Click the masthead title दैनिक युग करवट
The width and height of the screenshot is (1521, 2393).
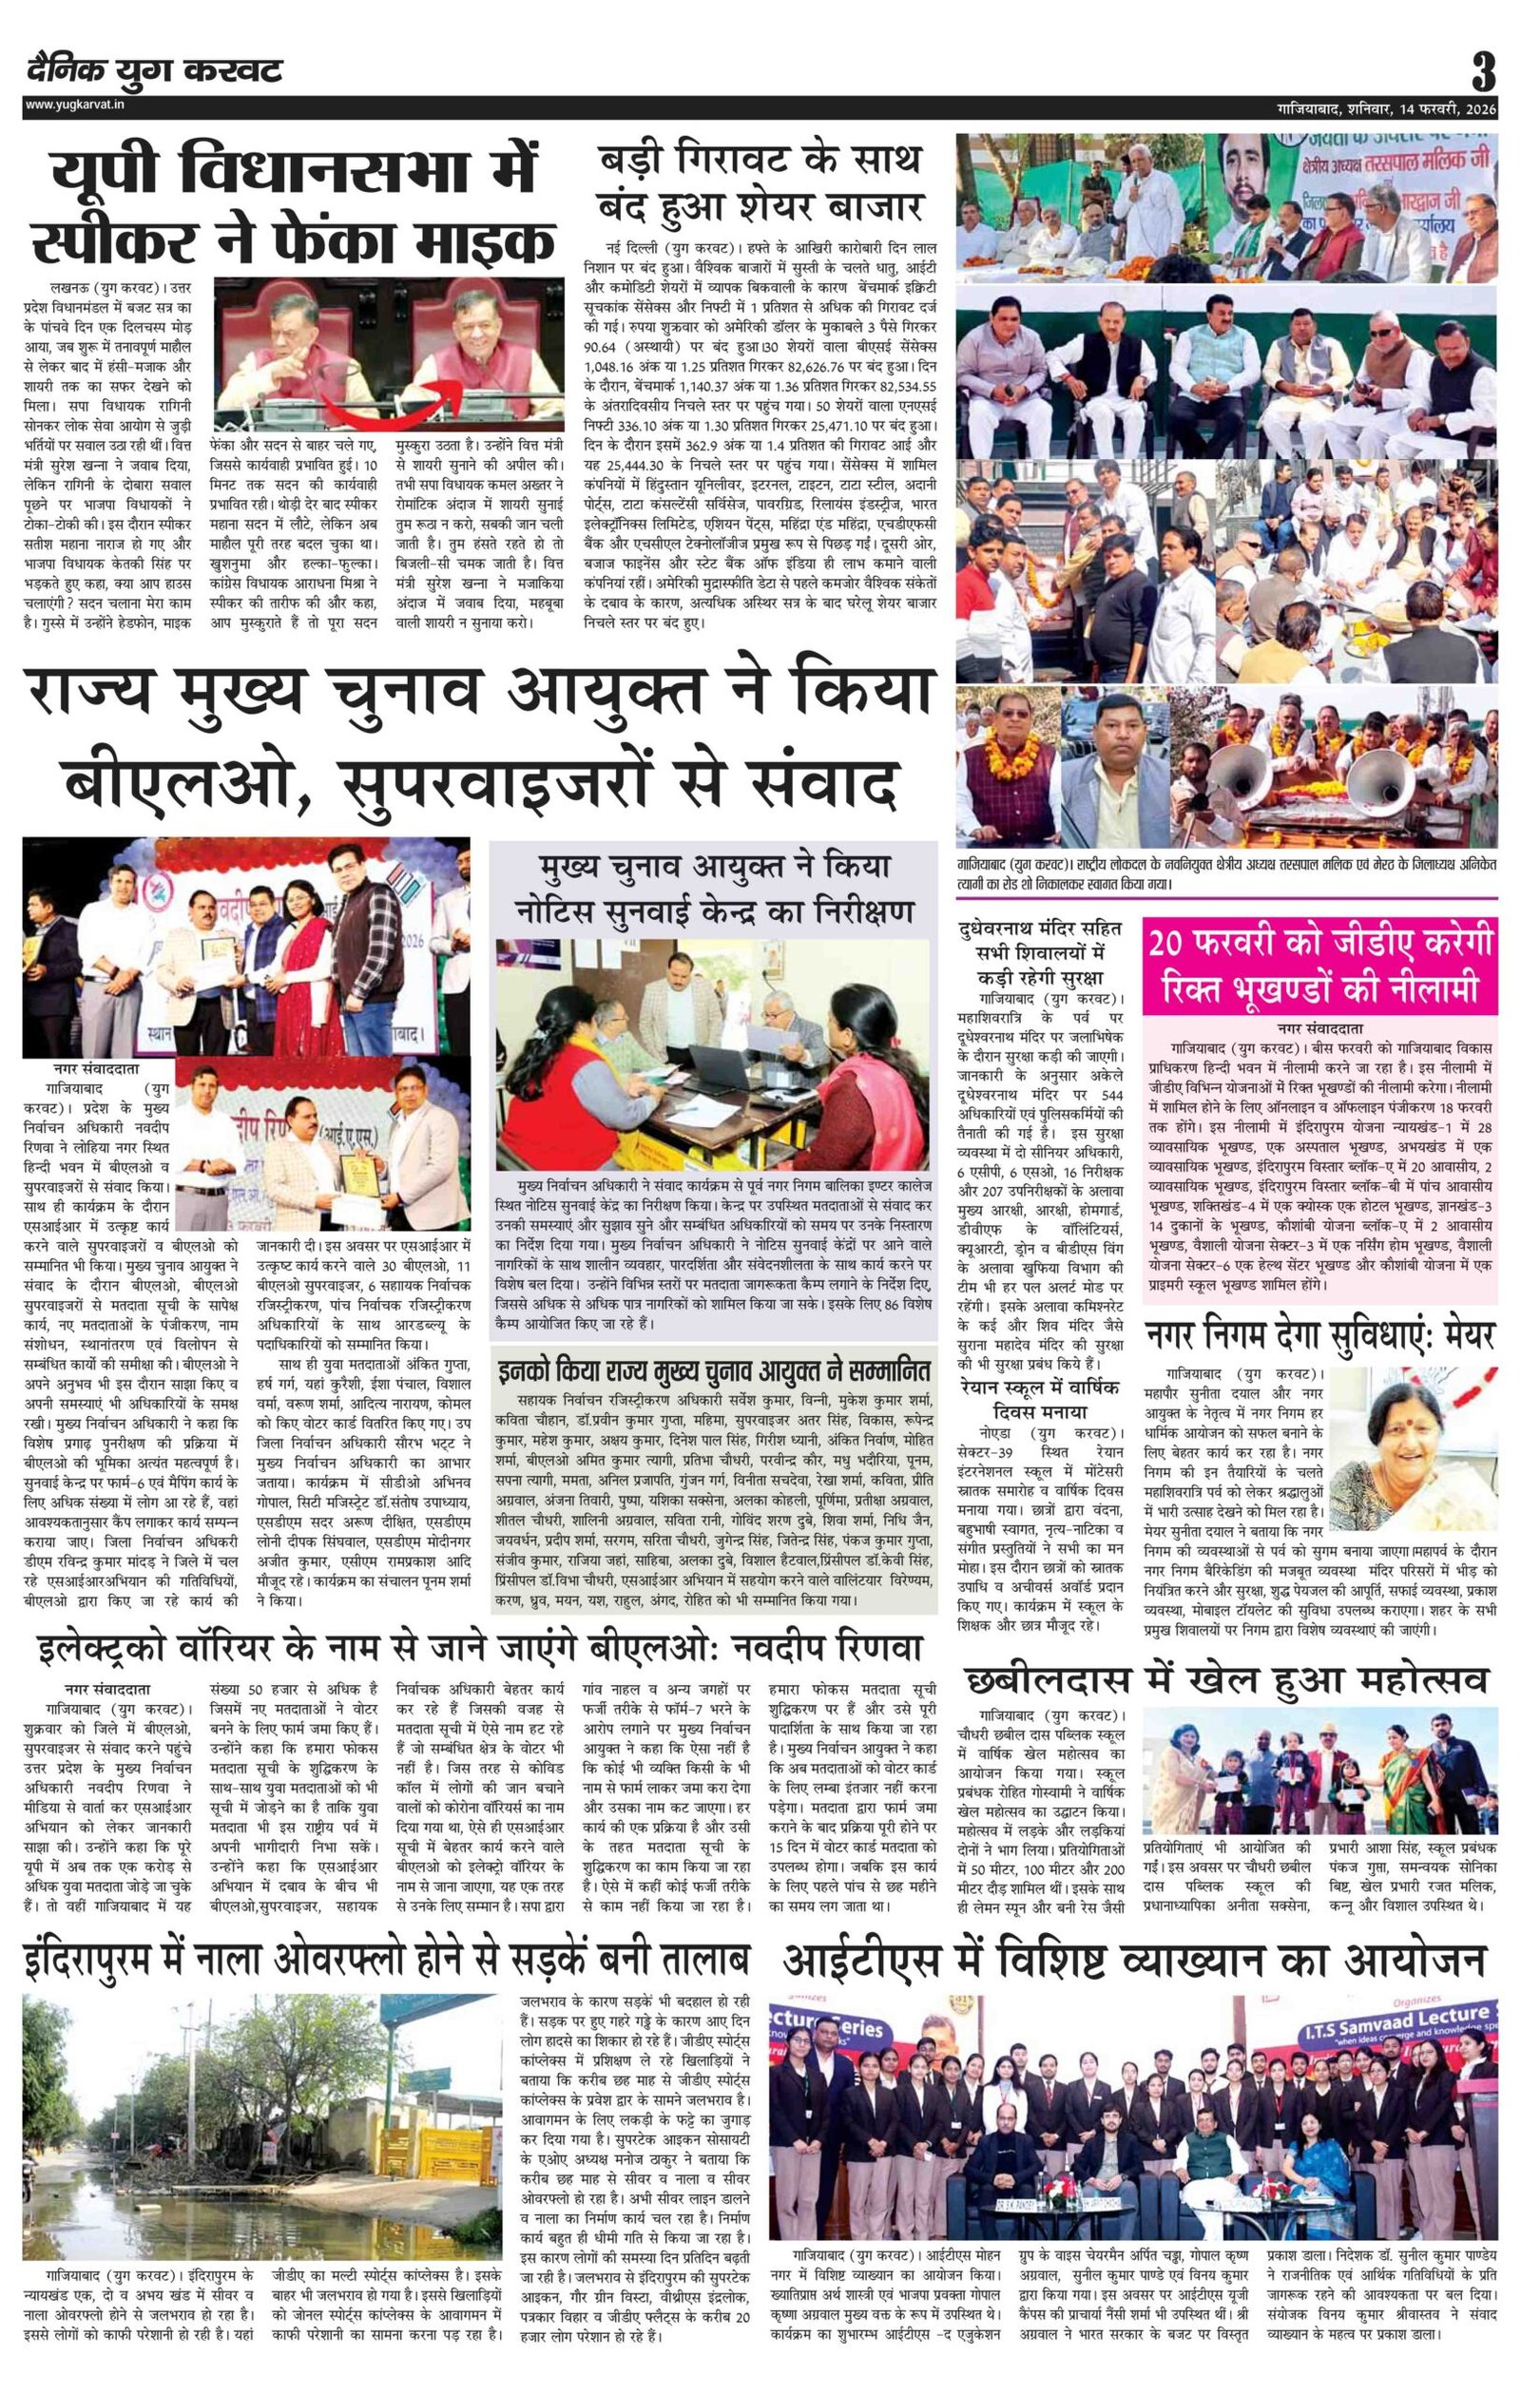(x=154, y=69)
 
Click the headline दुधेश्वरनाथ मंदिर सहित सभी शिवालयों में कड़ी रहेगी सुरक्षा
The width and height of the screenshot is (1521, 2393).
(x=1039, y=951)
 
